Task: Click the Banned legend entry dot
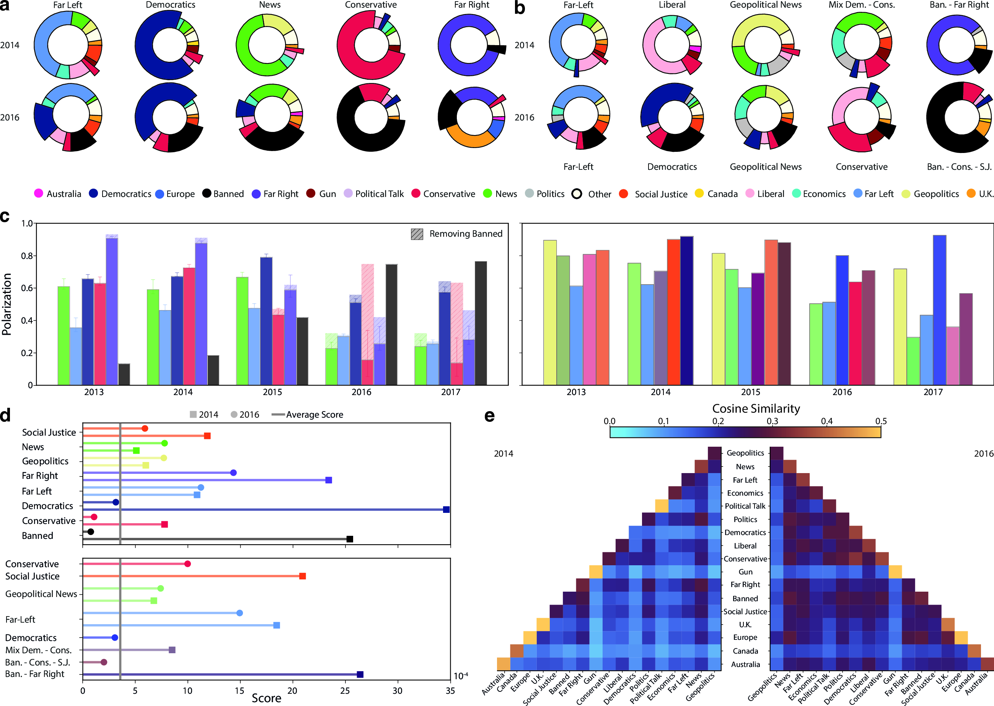pyautogui.click(x=207, y=194)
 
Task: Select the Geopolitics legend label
pyautogui.click(x=936, y=194)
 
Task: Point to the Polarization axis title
pyautogui.click(x=7, y=304)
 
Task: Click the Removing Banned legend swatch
pyautogui.click(x=417, y=234)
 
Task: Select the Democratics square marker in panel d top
pyautogui.click(x=446, y=509)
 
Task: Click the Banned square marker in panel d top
pyautogui.click(x=350, y=539)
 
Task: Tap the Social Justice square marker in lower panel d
pyautogui.click(x=303, y=576)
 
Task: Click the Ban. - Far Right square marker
pyautogui.click(x=360, y=674)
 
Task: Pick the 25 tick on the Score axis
pyautogui.click(x=345, y=691)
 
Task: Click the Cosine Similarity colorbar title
pyautogui.click(x=756, y=408)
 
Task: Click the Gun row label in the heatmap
pyautogui.click(x=745, y=572)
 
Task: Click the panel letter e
pyautogui.click(x=489, y=416)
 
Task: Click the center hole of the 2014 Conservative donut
pyautogui.click(x=371, y=45)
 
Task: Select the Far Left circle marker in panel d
pyautogui.click(x=200, y=487)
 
